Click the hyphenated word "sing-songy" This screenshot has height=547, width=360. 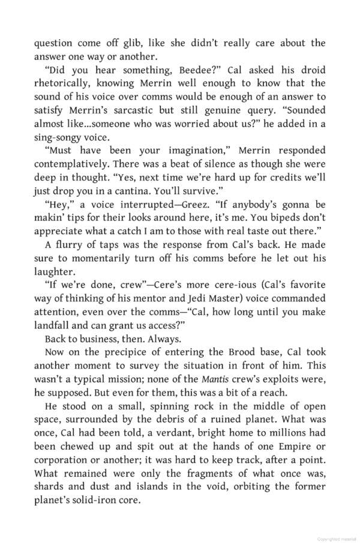click(x=58, y=136)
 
